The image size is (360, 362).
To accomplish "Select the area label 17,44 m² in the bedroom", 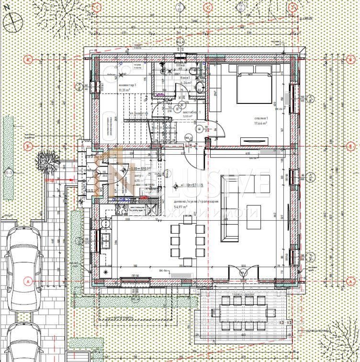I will tap(261, 123).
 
